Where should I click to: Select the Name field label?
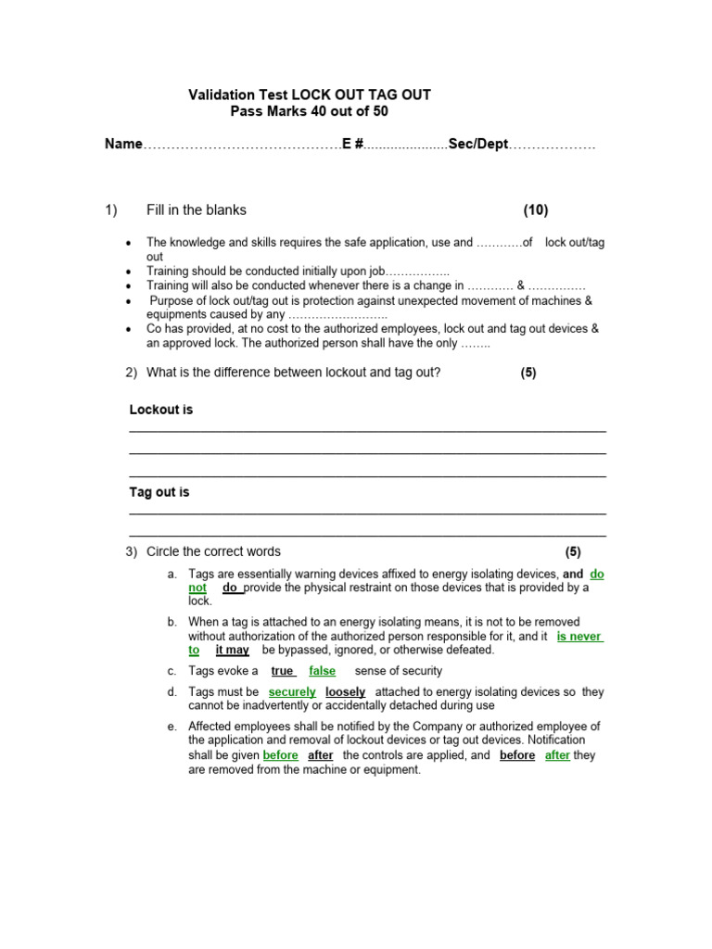click(x=123, y=145)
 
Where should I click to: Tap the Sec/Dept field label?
click(x=478, y=145)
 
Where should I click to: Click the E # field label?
click(x=352, y=145)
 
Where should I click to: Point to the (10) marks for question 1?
click(x=535, y=210)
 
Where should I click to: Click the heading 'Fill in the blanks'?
click(x=197, y=210)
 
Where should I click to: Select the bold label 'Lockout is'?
click(x=161, y=410)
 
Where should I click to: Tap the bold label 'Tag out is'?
click(x=159, y=492)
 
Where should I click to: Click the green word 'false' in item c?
click(x=323, y=671)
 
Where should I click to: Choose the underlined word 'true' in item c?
click(x=282, y=671)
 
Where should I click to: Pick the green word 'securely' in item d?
click(x=292, y=692)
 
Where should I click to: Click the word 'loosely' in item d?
click(x=345, y=692)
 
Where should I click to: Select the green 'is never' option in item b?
click(x=579, y=637)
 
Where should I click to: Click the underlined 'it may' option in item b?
click(x=232, y=651)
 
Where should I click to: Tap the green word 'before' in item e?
click(x=281, y=755)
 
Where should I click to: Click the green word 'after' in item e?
click(x=557, y=755)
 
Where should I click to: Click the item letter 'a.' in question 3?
click(x=172, y=575)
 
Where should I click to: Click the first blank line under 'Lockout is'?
click(x=367, y=431)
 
